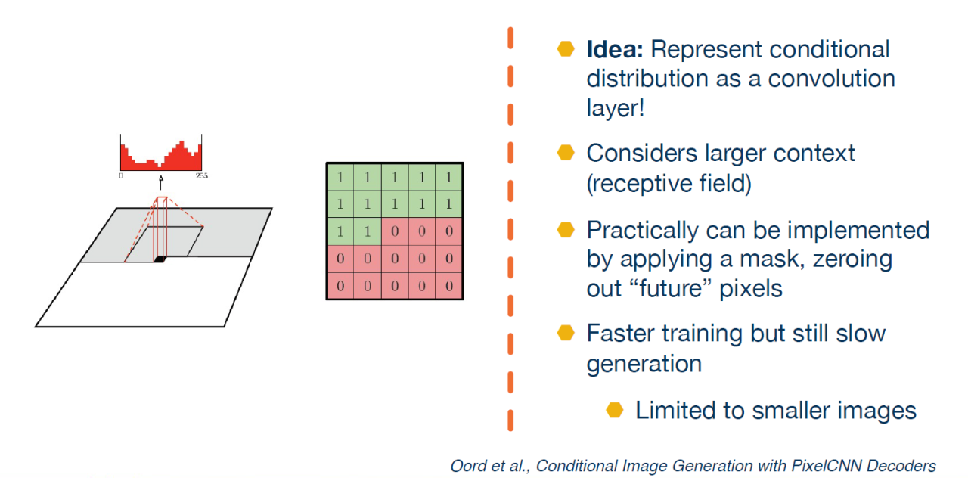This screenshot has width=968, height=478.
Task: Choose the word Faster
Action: tap(625, 334)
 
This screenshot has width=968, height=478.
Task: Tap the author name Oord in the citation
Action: tap(467, 466)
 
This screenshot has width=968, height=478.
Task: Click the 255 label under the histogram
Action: tap(201, 175)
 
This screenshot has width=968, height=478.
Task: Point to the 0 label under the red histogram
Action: tap(121, 175)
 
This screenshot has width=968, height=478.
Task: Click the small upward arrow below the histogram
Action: tap(160, 183)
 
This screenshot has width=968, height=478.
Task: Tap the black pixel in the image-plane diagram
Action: tap(160, 259)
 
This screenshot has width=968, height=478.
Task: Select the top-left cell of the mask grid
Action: tap(340, 178)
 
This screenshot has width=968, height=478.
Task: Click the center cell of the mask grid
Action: tap(395, 231)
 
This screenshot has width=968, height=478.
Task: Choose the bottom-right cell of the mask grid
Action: tap(449, 286)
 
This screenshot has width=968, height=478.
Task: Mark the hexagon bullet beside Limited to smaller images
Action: tap(615, 410)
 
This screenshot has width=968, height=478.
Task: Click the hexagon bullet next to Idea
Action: tap(566, 49)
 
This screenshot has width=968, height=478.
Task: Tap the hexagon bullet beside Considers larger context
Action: tap(566, 153)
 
